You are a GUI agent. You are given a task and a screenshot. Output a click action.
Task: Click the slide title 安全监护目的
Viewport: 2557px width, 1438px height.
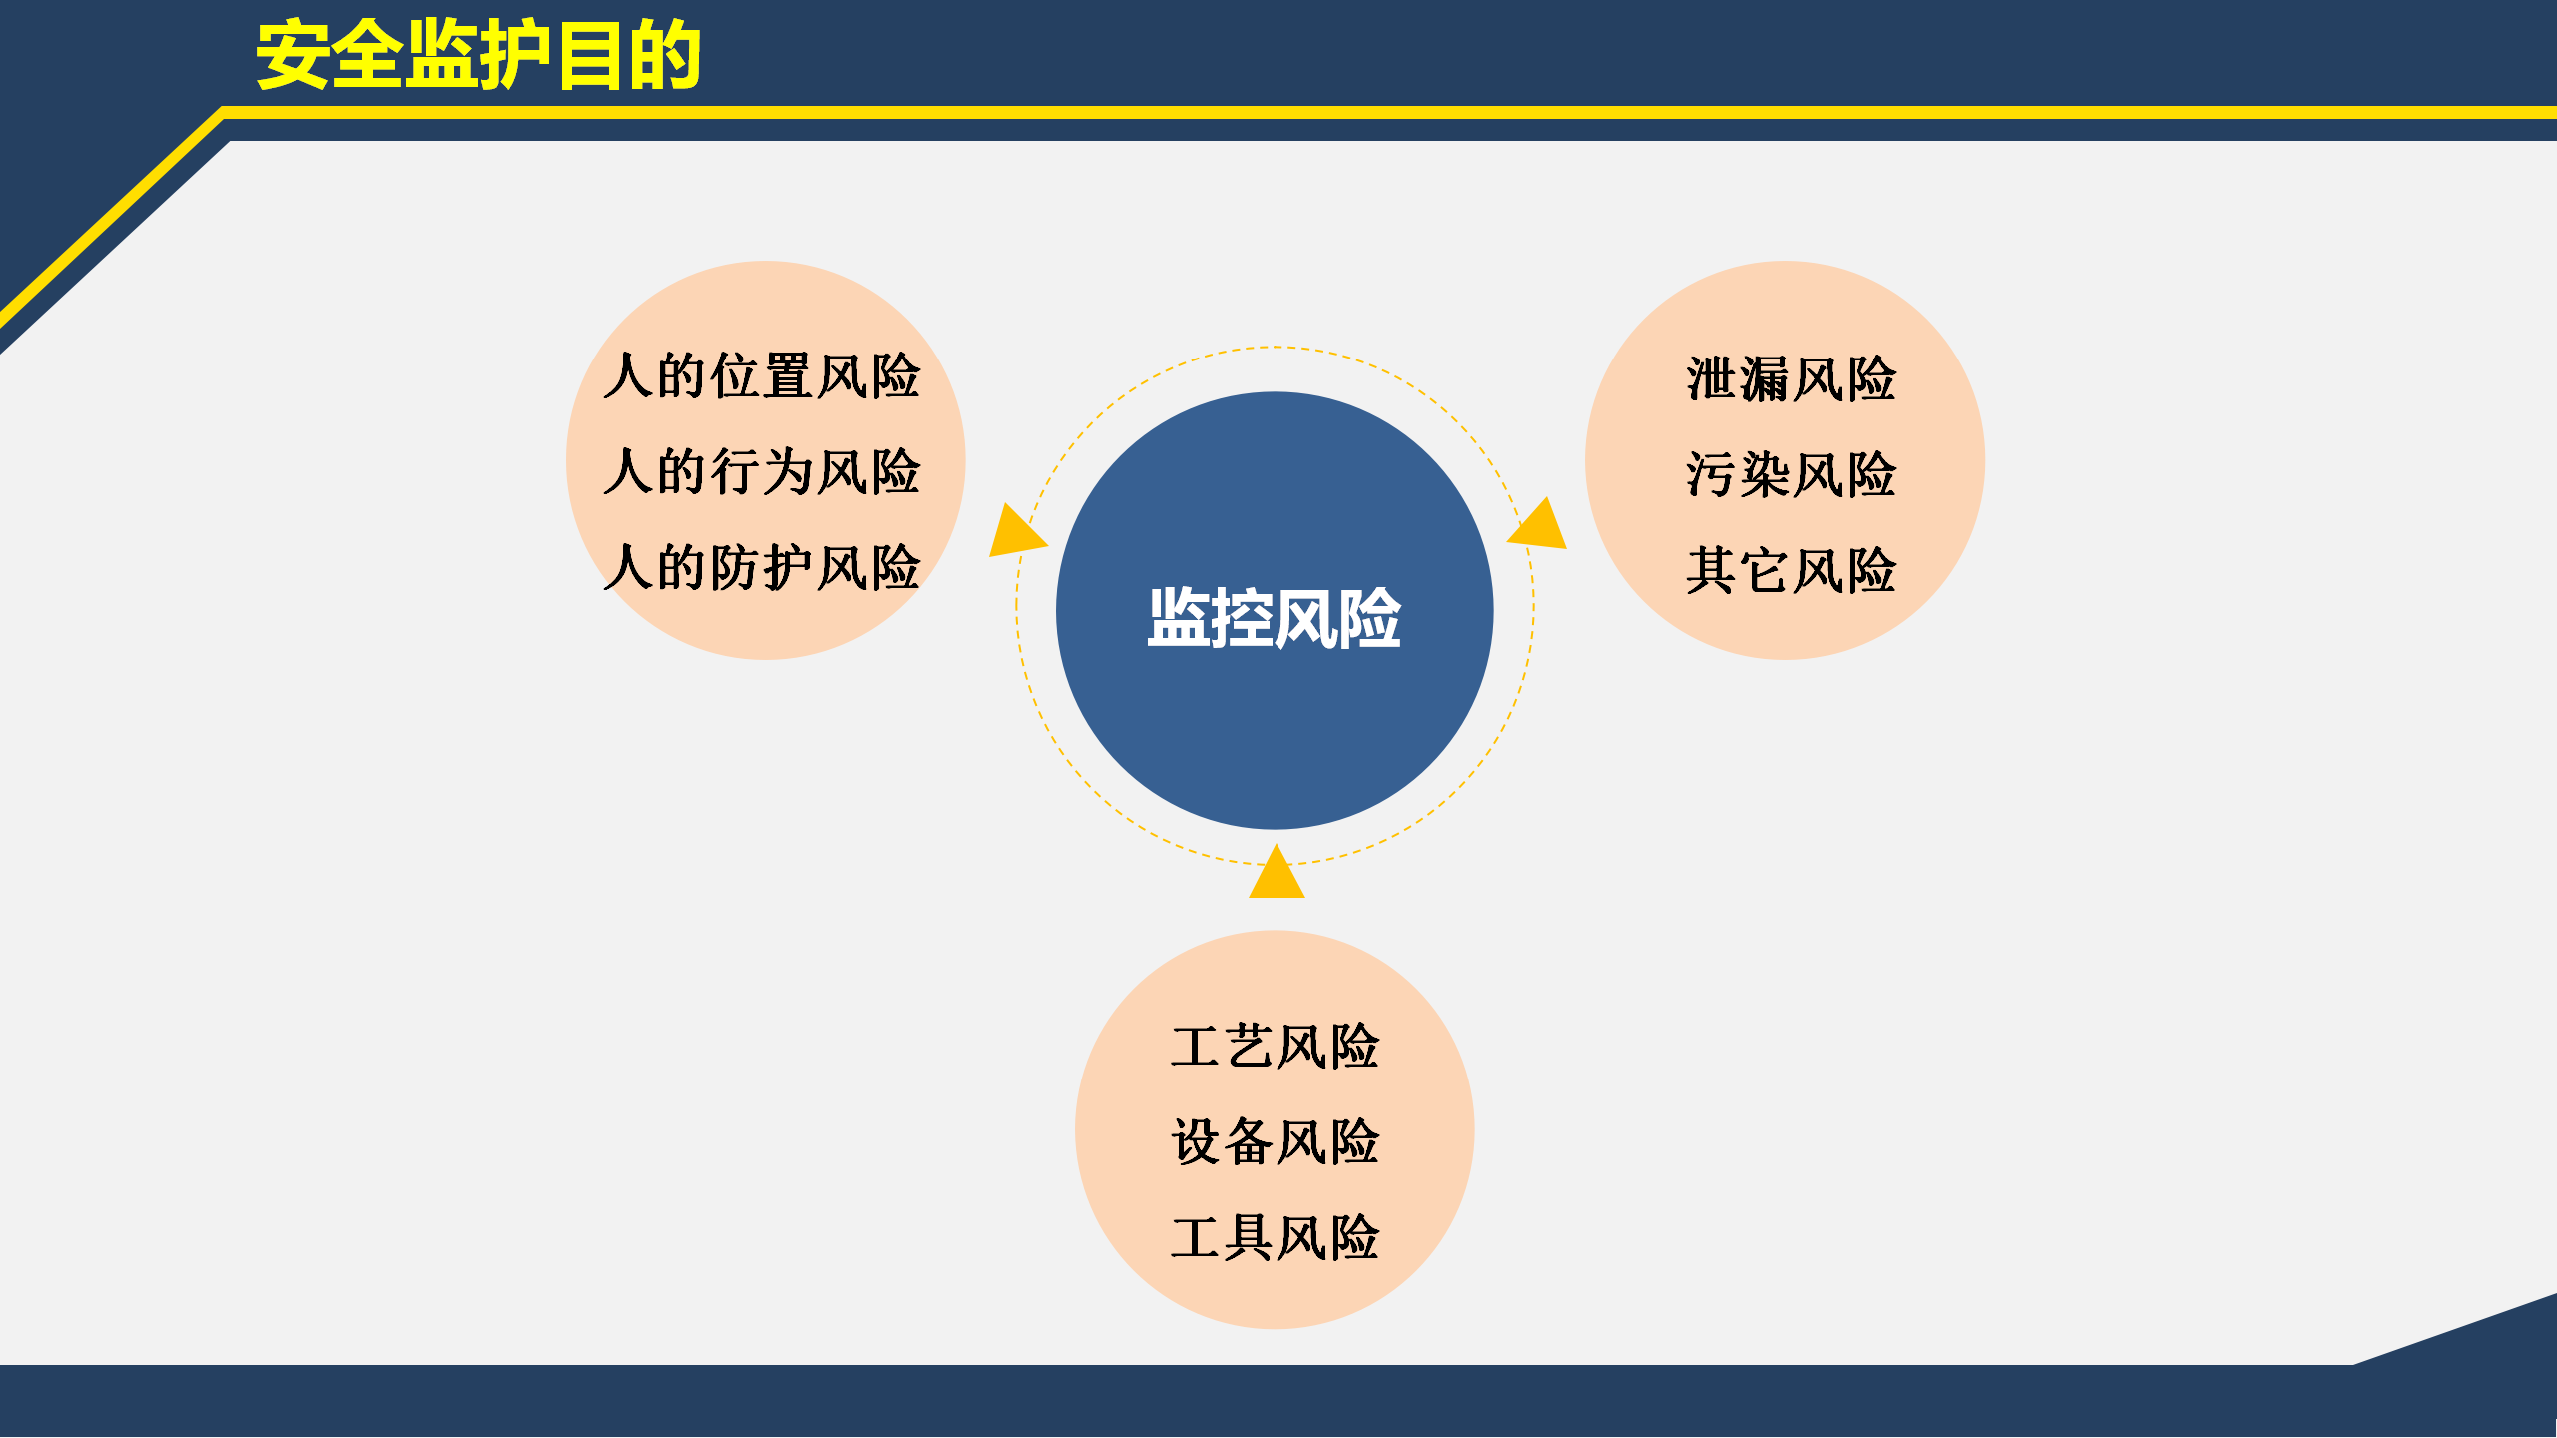tap(479, 55)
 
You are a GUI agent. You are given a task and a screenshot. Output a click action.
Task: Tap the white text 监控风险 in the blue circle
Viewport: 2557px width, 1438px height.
tap(1275, 618)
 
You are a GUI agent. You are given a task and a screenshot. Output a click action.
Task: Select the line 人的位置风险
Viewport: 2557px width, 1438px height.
tap(762, 376)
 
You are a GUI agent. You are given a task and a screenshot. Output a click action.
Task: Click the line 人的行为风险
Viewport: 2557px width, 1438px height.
tap(762, 471)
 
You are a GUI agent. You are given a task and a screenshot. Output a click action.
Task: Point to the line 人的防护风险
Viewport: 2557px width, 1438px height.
tap(762, 567)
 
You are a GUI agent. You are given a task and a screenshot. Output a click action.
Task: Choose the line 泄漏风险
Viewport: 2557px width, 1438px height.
tap(1791, 379)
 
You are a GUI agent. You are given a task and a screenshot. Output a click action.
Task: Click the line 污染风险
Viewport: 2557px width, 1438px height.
tap(1791, 474)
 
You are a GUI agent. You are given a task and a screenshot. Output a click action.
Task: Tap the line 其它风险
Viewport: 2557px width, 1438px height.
tap(1791, 570)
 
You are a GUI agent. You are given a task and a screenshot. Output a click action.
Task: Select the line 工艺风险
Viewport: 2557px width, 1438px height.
tap(1276, 1047)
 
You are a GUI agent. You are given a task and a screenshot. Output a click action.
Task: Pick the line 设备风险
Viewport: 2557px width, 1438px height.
tap(1276, 1141)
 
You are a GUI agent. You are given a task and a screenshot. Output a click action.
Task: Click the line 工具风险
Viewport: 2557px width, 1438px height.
tap(1276, 1237)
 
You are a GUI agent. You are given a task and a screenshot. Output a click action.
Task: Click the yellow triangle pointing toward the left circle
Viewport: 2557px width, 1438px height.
tap(1014, 533)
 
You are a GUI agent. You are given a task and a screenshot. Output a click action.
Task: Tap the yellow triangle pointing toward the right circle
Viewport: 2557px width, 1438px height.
tap(1540, 527)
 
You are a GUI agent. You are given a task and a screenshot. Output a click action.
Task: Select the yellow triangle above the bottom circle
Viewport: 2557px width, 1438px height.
tap(1277, 874)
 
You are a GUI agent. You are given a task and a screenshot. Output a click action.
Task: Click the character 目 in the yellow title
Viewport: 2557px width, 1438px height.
tap(591, 55)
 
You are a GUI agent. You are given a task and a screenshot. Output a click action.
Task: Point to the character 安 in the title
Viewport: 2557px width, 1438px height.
tap(293, 55)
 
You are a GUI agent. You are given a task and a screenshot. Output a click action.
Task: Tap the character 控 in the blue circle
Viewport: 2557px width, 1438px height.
tap(1243, 618)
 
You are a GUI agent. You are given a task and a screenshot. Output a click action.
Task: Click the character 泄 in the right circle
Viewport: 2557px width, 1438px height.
tap(1712, 379)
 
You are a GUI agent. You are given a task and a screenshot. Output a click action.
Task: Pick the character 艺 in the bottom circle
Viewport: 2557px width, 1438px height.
tap(1250, 1047)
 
